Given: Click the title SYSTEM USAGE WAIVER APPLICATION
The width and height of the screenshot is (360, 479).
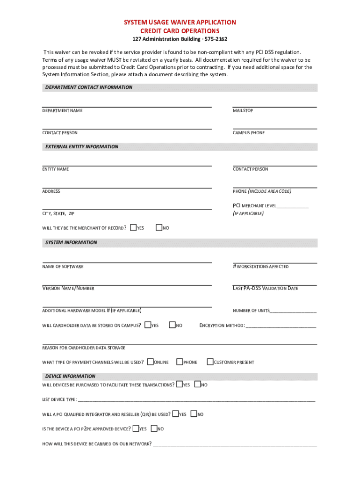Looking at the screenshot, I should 180,22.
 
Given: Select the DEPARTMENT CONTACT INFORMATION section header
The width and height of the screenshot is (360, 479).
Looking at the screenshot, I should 88,87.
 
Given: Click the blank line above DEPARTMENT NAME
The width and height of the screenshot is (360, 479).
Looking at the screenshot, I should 127,106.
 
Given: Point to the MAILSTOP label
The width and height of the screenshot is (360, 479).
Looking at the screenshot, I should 243,111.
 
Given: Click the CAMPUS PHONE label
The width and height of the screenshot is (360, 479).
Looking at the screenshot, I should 249,133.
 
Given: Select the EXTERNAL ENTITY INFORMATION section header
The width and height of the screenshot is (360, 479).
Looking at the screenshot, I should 81,147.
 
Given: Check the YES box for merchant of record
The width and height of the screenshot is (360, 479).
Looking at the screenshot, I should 133,228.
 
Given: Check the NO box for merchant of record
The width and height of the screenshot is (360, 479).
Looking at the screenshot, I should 158,228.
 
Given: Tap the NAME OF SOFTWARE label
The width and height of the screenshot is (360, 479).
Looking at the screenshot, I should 63,267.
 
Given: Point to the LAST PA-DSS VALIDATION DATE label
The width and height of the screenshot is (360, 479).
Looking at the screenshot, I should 265,289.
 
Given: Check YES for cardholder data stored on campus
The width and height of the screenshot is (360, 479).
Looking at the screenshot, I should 148,325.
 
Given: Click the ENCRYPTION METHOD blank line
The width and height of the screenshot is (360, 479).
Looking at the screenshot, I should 281,327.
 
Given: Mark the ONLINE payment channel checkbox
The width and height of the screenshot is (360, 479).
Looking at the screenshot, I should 150,362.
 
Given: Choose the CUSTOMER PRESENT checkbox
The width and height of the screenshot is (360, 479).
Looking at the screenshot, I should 210,362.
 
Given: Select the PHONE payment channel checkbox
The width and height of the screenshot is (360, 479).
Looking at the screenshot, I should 179,362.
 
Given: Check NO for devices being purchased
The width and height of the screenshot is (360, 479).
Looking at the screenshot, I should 197,385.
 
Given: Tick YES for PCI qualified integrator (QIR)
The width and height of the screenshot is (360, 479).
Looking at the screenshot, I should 175,414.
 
